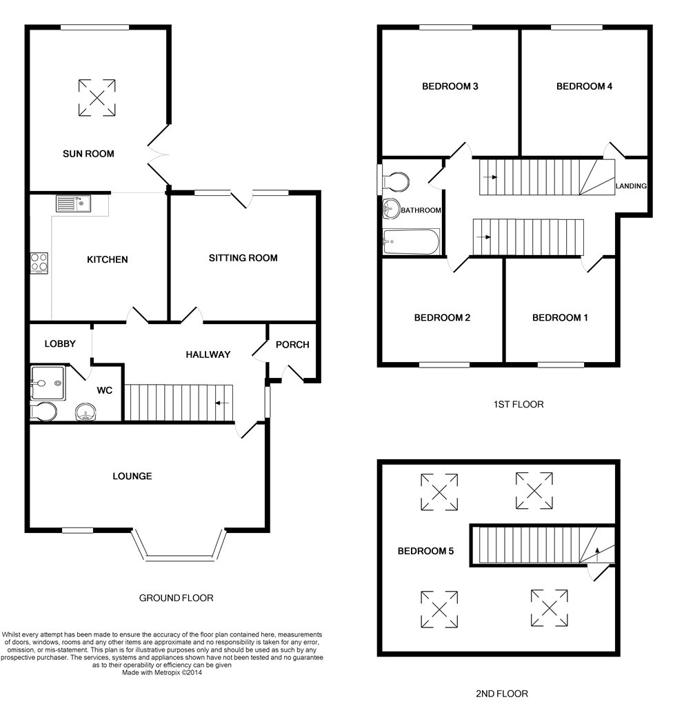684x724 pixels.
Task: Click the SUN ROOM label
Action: point(88,154)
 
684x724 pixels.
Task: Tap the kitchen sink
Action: point(74,203)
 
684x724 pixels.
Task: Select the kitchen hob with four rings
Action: point(39,263)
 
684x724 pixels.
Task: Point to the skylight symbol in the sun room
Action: point(97,97)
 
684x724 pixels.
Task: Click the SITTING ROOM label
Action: point(243,258)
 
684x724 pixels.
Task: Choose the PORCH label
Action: point(292,345)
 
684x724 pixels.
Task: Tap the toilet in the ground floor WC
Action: point(43,411)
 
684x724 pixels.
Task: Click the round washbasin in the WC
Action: point(85,412)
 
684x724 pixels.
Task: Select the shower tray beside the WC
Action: point(48,383)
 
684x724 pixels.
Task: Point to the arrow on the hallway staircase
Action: point(222,403)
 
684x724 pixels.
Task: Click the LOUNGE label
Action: point(132,476)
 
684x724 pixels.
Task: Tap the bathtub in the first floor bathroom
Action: point(411,242)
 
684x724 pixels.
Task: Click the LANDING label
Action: point(631,185)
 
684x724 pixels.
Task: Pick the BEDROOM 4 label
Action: point(584,86)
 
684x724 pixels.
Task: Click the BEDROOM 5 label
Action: point(425,551)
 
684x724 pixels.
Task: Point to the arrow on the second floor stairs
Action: point(597,554)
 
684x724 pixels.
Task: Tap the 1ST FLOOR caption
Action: point(519,405)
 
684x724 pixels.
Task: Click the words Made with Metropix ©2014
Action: point(162,673)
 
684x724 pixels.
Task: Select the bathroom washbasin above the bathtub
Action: point(391,209)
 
